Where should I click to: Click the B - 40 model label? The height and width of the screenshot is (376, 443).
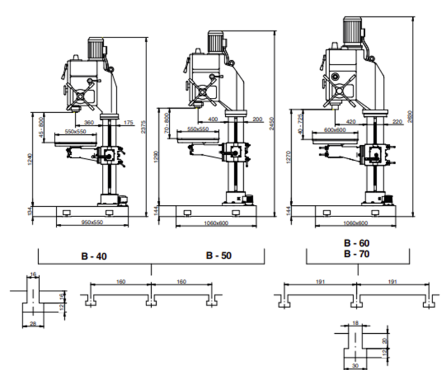[x=94, y=256]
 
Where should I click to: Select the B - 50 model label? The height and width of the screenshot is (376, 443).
[x=219, y=256]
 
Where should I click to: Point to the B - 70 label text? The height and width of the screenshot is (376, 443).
[x=357, y=254]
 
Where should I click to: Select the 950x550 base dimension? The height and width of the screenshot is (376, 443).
[x=92, y=222]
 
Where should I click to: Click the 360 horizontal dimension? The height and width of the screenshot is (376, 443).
[x=89, y=122]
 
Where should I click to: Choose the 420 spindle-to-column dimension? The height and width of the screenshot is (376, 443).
[x=351, y=122]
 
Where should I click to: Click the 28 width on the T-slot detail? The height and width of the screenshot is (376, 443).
[x=33, y=324]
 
